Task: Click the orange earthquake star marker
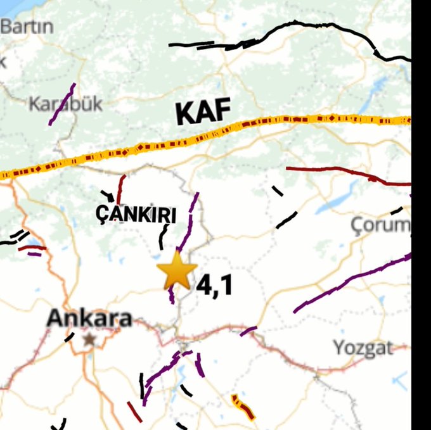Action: click(x=177, y=271)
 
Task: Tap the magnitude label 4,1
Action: click(x=214, y=286)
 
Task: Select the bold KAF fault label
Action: click(x=203, y=113)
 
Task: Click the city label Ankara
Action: click(x=89, y=318)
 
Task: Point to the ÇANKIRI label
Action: click(x=136, y=215)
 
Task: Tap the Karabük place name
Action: click(x=65, y=104)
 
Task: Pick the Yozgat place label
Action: click(x=363, y=347)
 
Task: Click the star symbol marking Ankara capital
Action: click(x=89, y=339)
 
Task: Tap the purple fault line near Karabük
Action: click(x=62, y=104)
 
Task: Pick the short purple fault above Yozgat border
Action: click(x=248, y=331)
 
